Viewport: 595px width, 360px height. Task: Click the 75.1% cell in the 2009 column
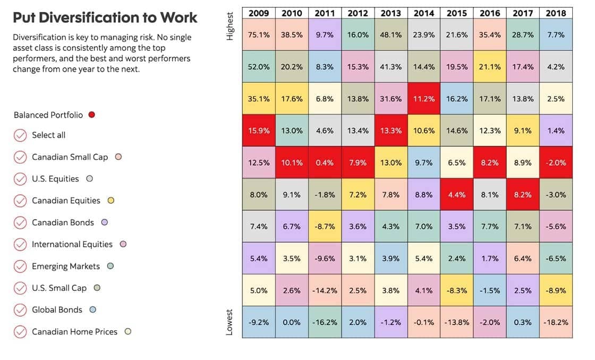[259, 35]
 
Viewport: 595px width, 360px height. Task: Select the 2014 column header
[423, 13]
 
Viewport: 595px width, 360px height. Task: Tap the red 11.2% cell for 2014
[423, 99]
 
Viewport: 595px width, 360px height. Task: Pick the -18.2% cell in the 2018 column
[556, 322]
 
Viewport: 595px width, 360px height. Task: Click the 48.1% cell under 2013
[390, 35]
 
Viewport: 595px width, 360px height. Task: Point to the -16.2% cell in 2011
[325, 322]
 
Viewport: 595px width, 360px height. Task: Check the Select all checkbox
[20, 135]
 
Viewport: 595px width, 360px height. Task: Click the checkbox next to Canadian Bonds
[20, 222]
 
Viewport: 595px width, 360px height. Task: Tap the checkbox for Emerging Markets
[20, 266]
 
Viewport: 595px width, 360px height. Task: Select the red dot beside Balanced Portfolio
[92, 115]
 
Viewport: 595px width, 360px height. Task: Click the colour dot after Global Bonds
[93, 310]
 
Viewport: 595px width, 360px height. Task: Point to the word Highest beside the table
[230, 26]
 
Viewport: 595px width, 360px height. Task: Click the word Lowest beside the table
[230, 321]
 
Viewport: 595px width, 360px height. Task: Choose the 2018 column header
[556, 13]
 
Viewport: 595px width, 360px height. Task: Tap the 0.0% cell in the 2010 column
[292, 322]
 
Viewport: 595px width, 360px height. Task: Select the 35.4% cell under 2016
[490, 35]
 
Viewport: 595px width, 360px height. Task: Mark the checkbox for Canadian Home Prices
[20, 332]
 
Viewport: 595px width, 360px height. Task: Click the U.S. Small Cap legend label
[59, 288]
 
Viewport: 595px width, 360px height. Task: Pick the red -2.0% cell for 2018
[556, 162]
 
